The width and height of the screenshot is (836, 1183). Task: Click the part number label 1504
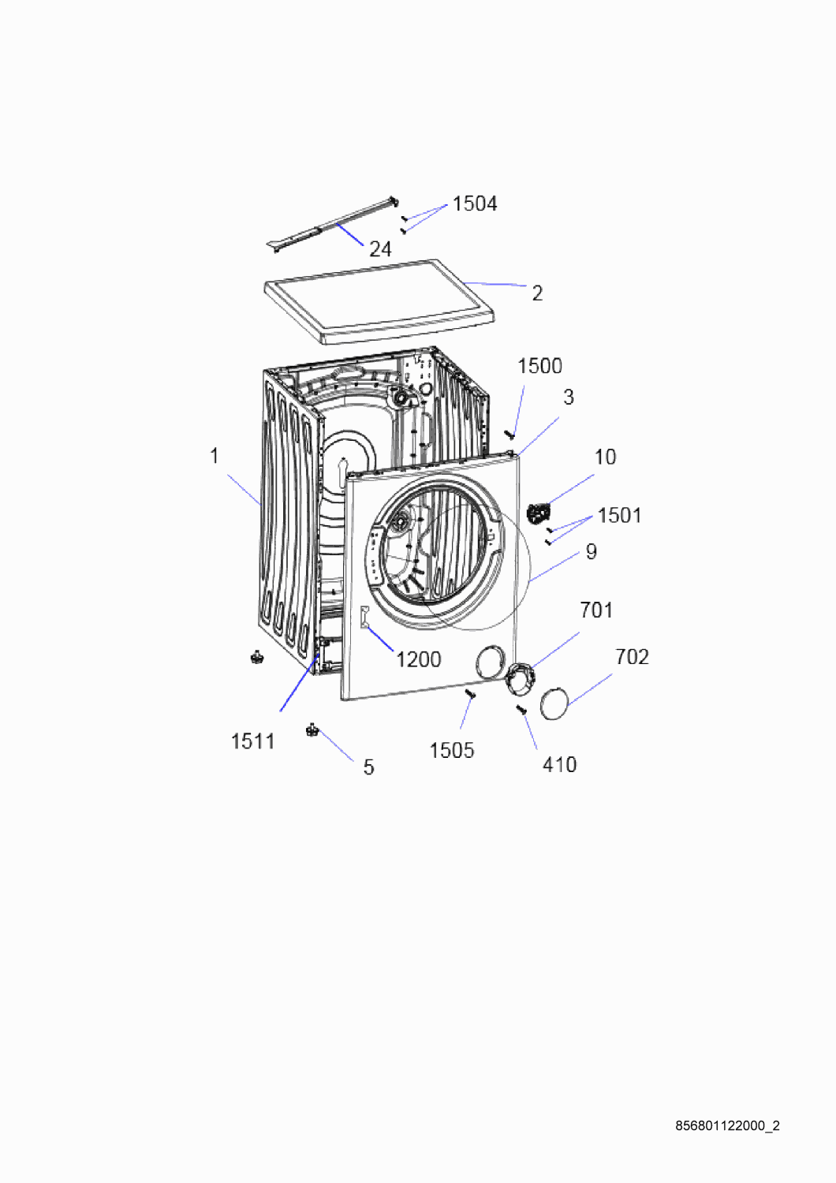coord(475,203)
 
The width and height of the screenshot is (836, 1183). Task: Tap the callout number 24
coord(380,249)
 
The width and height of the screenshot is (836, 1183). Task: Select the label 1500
coord(539,366)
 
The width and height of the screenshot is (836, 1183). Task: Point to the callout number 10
coord(605,457)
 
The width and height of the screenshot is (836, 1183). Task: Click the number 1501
coord(619,516)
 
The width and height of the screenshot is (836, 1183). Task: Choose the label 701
coord(596,610)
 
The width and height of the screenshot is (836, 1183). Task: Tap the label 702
coord(633,657)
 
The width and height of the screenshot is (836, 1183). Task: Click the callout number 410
coord(560,765)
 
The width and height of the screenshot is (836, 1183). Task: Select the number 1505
coord(452,751)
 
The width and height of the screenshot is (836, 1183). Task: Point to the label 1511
coord(253,741)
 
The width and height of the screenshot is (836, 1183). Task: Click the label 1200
coord(418,659)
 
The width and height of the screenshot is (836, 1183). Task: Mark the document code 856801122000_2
coord(728,1126)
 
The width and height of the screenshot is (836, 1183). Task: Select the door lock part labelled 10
coord(538,513)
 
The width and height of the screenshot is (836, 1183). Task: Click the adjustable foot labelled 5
coord(312,731)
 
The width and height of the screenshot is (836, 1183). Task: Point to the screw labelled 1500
coord(509,435)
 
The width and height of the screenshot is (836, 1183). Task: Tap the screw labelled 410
coord(522,711)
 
